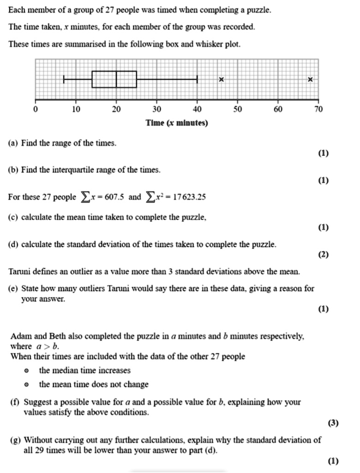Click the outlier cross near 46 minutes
click(x=221, y=79)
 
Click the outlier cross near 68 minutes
click(x=310, y=79)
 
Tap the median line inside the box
click(x=116, y=79)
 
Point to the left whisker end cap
click(x=64, y=79)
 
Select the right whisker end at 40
click(x=198, y=79)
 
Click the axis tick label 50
click(x=237, y=109)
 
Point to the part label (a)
click(x=13, y=143)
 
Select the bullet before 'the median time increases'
click(x=27, y=371)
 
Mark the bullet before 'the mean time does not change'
click(x=27, y=385)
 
